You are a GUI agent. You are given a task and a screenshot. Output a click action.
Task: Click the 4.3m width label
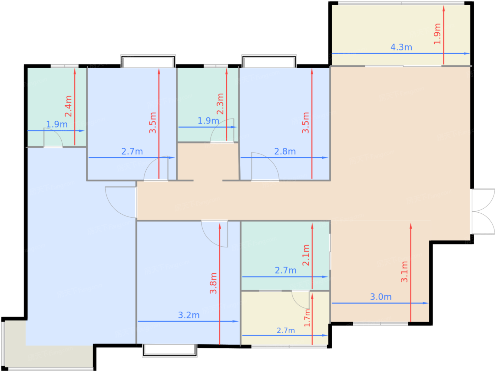401,47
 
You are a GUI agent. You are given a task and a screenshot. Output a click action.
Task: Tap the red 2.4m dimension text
68,106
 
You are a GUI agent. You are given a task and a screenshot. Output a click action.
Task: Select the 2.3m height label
220,104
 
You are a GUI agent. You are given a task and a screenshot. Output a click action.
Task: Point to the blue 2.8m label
285,152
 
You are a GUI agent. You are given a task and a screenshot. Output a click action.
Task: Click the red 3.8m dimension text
213,283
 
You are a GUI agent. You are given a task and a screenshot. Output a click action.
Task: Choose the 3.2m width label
189,315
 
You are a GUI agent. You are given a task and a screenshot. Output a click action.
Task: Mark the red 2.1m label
306,255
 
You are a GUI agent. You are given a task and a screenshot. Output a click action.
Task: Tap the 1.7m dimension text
307,318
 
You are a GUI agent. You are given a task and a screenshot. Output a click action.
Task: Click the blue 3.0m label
381,297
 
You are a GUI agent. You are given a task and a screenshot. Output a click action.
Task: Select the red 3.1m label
404,272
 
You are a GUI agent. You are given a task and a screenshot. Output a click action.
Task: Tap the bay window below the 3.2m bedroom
169,350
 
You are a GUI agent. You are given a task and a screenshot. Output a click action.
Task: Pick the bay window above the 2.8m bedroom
269,61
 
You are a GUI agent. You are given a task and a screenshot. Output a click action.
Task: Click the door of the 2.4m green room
53,137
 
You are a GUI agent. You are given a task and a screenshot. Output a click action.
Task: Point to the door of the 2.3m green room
222,131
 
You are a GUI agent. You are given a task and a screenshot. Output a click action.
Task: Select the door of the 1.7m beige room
300,300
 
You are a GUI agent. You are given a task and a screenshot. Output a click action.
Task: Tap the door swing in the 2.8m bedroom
265,166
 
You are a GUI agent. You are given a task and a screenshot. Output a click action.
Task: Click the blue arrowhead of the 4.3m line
467,54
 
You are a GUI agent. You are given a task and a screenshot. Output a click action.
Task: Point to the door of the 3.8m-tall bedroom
214,234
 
